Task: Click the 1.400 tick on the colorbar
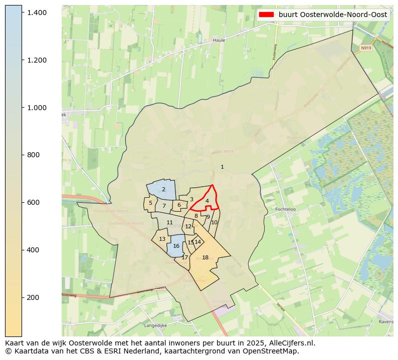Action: coord(22,12)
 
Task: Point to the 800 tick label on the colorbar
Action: coord(33,155)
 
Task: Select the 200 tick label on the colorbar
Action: coord(33,297)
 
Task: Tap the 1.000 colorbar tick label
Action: coord(37,107)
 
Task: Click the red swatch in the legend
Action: coord(266,15)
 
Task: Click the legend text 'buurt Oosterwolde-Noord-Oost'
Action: coord(333,15)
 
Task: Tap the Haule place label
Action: coord(219,40)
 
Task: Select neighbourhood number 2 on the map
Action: coord(163,189)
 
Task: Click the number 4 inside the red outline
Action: coord(207,201)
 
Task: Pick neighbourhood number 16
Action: coord(176,246)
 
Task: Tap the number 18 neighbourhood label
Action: coord(205,257)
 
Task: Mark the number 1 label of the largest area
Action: coord(222,167)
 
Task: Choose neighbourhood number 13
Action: coord(162,239)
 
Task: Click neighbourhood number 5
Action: coord(150,203)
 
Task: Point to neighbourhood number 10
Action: coord(215,222)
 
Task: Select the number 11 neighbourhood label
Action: coord(169,222)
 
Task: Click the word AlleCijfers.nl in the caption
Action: coord(290,343)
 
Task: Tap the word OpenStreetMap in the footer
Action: coord(274,351)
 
